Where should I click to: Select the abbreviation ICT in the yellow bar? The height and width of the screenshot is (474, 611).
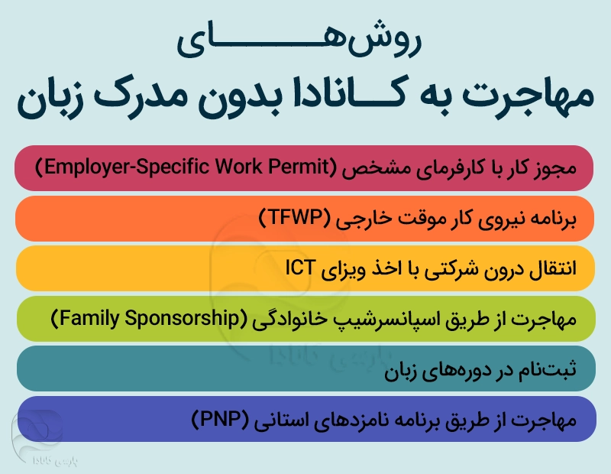[x=299, y=268]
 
